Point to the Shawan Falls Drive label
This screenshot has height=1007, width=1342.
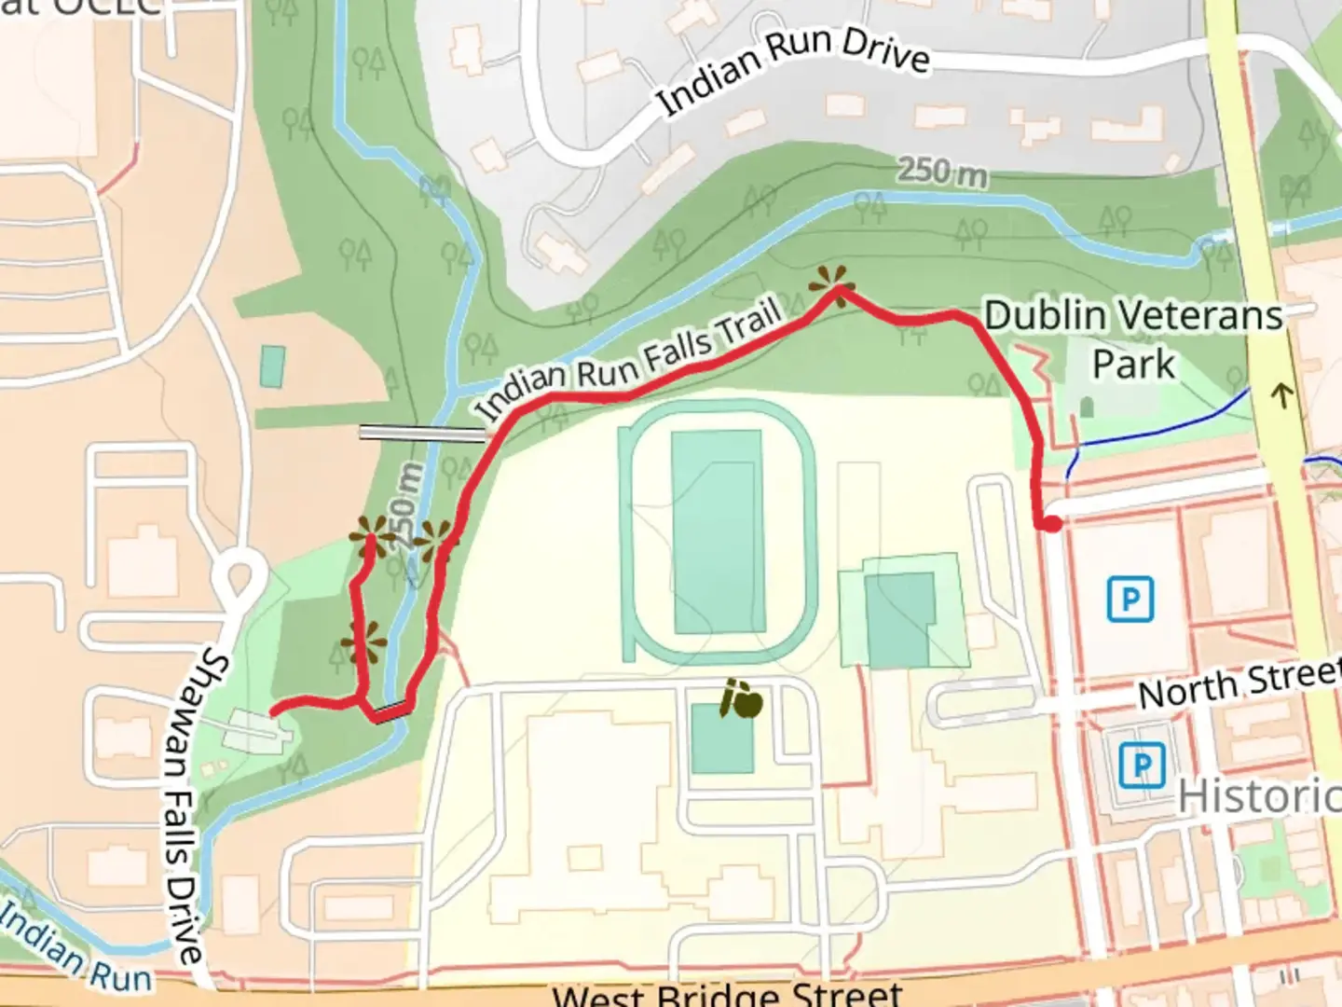[188, 807]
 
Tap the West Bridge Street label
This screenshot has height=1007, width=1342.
[727, 994]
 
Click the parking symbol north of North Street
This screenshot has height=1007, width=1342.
[1130, 599]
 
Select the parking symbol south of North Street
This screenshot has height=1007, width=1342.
[1140, 766]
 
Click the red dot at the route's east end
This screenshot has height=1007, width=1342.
[1051, 525]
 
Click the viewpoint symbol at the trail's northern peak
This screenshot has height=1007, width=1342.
[831, 282]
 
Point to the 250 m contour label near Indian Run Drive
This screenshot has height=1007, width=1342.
[942, 172]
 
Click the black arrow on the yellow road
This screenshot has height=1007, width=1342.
[1282, 395]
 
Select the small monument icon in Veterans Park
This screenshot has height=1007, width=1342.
[1087, 407]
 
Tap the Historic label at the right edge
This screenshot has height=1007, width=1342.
[1258, 796]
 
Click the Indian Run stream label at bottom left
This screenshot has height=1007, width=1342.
[75, 949]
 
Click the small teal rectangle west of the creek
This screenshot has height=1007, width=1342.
[273, 366]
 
